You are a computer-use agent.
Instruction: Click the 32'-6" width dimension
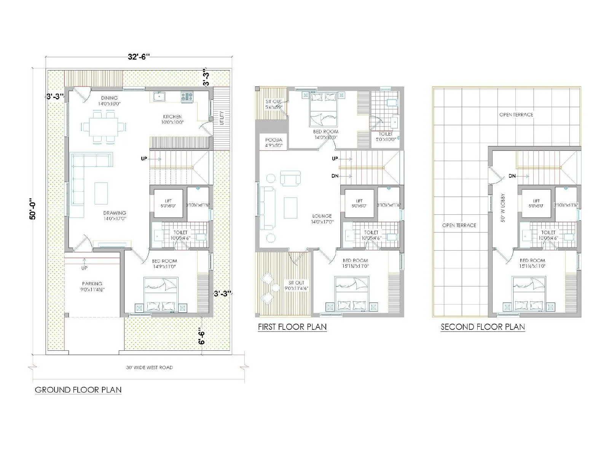click(x=139, y=57)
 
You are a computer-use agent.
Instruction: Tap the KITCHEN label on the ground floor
click(x=172, y=117)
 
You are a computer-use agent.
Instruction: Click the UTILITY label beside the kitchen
click(x=222, y=118)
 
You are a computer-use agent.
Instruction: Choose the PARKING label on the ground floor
click(x=92, y=284)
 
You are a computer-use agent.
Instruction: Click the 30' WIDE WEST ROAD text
click(x=149, y=368)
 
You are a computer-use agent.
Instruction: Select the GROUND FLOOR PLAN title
click(x=78, y=390)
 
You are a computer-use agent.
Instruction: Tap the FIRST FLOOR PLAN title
click(x=292, y=327)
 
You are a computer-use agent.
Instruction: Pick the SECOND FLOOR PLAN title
click(x=483, y=327)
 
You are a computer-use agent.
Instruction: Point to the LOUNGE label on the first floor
click(x=322, y=216)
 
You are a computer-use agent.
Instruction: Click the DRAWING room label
click(x=115, y=213)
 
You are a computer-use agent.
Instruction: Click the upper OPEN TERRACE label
click(x=516, y=115)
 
